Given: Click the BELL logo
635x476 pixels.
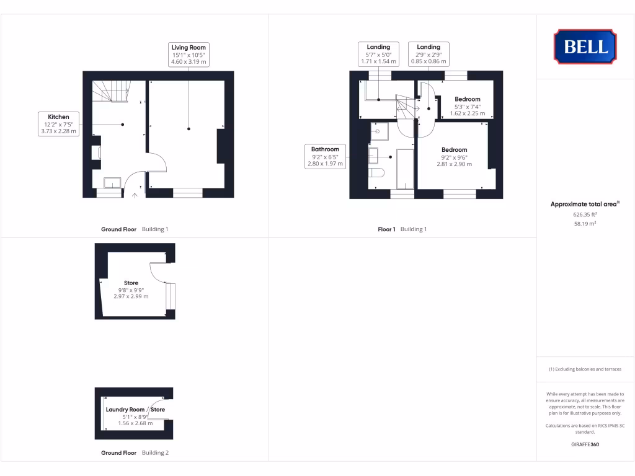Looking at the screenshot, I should [x=585, y=46].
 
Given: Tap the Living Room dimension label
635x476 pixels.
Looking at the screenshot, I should [x=189, y=55].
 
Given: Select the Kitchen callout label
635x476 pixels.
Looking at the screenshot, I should [x=58, y=123].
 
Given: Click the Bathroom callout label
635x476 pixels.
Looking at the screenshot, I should [x=325, y=156].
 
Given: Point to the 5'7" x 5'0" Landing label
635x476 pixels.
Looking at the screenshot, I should [x=378, y=54].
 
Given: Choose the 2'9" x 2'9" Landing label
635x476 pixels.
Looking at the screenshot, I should [x=429, y=54].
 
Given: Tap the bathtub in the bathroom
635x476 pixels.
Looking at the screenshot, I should [x=405, y=168].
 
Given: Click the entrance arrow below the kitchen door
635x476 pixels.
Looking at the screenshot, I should [x=136, y=196].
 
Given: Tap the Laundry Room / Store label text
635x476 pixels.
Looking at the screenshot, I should [x=135, y=410].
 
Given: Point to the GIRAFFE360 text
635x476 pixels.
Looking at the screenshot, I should [x=585, y=444].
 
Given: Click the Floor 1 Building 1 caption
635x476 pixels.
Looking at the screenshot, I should [x=402, y=229].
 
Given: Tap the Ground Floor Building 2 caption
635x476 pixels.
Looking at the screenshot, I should [x=135, y=453].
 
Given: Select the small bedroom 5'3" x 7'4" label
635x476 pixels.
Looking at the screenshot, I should [x=467, y=106].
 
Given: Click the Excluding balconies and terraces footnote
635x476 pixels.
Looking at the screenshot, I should [x=585, y=369].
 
